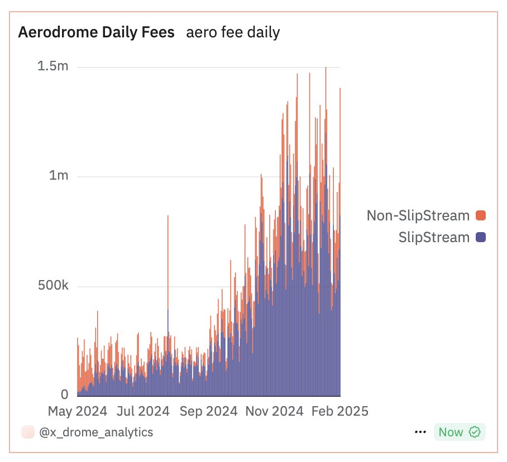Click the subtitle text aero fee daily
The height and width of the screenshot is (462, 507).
click(233, 33)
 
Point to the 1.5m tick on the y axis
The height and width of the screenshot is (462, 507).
click(52, 66)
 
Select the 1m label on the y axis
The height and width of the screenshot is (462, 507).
click(58, 176)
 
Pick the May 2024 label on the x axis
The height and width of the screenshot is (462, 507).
click(77, 411)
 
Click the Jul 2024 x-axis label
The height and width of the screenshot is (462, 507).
click(144, 411)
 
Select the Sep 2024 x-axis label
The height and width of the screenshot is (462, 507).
click(210, 411)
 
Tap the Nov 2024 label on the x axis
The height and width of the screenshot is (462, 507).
click(274, 411)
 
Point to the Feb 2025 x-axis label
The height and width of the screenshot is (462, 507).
click(339, 411)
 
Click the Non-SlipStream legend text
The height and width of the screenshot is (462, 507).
click(418, 215)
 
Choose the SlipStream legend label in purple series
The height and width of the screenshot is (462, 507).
click(434, 237)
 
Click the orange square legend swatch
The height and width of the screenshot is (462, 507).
click(480, 215)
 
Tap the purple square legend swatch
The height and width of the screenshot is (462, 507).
click(480, 237)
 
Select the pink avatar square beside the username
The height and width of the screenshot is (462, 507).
click(26, 432)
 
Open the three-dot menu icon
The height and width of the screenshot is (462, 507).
click(420, 432)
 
